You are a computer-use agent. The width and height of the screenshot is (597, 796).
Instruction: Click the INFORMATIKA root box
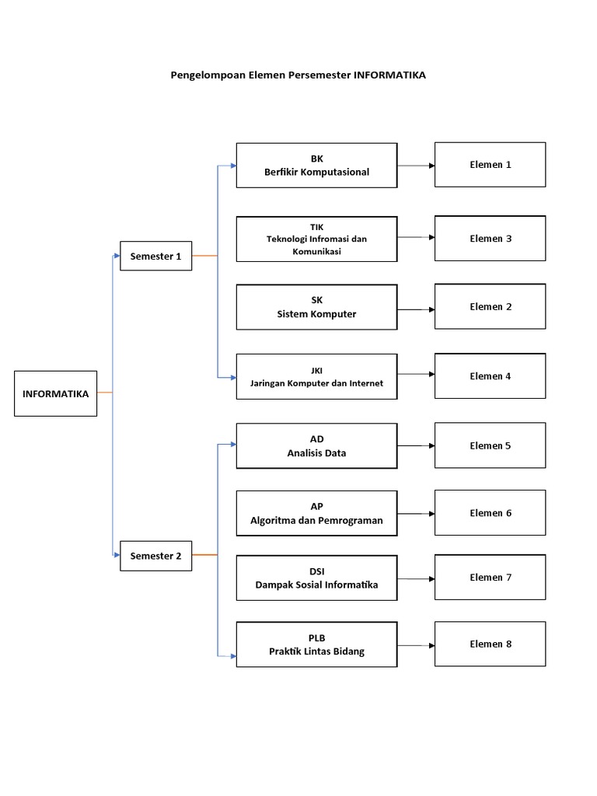56,393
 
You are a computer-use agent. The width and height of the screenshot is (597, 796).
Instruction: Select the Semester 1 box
155,256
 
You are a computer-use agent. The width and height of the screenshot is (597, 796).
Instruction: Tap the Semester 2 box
155,555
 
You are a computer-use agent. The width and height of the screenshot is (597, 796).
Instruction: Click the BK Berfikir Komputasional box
316,166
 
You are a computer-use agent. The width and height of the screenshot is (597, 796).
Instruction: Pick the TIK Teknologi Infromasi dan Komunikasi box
316,239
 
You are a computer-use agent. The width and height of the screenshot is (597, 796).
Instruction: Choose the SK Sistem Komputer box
316,307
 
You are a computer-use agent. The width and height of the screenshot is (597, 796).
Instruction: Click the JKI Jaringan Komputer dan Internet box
316,376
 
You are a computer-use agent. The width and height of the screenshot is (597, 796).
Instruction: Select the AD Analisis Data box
316,445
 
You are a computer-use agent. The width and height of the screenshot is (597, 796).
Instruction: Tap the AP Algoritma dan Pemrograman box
316,513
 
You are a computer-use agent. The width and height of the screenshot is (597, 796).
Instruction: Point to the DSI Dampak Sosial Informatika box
316,578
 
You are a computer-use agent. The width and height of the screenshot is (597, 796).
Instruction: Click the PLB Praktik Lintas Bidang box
316,644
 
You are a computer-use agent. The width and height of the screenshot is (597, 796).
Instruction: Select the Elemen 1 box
490,165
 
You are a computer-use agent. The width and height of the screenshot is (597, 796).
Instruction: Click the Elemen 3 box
490,239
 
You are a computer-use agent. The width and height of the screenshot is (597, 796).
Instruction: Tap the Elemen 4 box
490,376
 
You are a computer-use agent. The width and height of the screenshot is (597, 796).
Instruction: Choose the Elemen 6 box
490,513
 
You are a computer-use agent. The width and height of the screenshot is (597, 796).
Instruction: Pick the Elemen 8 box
490,644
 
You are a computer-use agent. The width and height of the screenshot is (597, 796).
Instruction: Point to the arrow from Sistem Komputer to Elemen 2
416,309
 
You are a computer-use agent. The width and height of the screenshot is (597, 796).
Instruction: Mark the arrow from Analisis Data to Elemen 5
416,445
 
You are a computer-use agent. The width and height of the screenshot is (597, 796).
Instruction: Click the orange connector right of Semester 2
204,555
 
